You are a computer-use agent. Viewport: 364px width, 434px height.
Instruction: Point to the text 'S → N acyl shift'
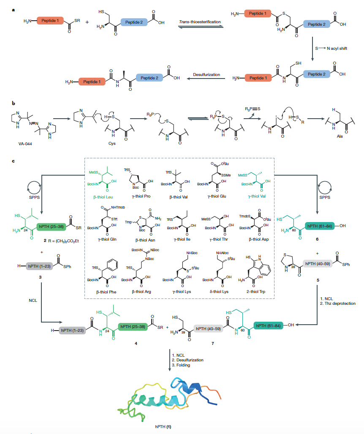pyautogui.click(x=332, y=49)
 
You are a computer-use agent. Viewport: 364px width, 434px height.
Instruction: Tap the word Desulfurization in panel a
pyautogui.click(x=206, y=74)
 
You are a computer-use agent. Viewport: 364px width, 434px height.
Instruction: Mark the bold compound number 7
pyautogui.click(x=213, y=344)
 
